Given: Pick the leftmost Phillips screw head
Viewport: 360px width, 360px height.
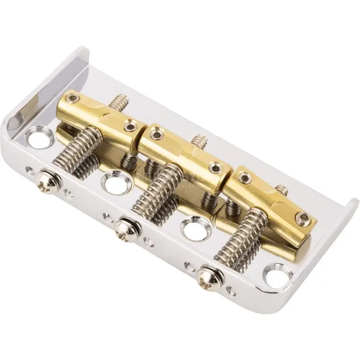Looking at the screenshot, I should [x=49, y=180].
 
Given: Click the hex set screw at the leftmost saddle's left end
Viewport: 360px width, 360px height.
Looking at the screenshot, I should [x=72, y=99].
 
